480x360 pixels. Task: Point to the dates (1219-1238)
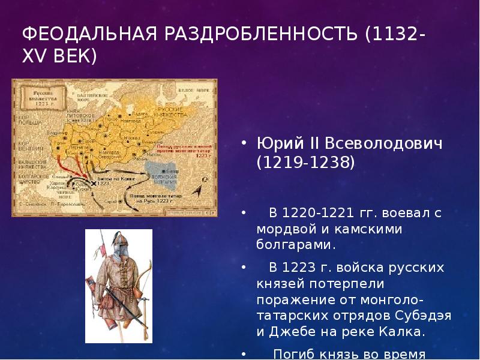[305, 163]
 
